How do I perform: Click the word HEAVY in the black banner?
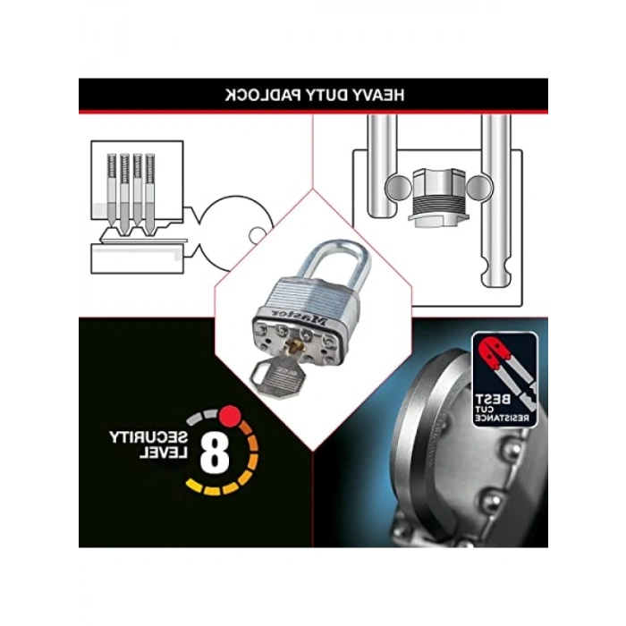[x=378, y=96]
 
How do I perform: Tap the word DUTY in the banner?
[x=325, y=96]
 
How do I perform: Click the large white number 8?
[x=215, y=452]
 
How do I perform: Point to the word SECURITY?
[x=148, y=437]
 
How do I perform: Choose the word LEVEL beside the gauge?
[x=163, y=453]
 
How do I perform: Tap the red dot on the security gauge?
[x=230, y=415]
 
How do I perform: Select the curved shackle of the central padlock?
[x=333, y=265]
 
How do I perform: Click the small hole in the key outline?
[x=258, y=235]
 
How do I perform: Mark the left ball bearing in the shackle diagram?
[x=398, y=187]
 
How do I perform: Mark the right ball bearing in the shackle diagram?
[x=479, y=187]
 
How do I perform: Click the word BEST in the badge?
[x=493, y=399]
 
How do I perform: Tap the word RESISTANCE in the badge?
[x=502, y=418]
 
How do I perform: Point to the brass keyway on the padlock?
[x=296, y=344]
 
